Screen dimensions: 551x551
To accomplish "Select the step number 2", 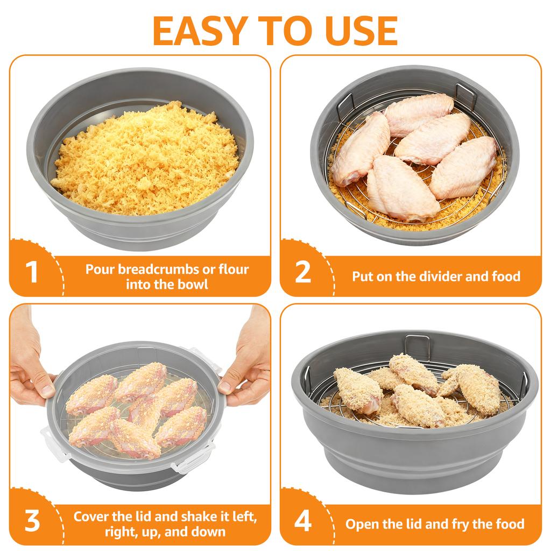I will (x=303, y=272).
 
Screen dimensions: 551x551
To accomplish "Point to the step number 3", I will (x=32, y=521).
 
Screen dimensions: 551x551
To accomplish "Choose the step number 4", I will (x=303, y=521).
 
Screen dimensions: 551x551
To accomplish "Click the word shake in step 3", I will (x=207, y=517).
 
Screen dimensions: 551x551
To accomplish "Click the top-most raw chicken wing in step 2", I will (x=419, y=114).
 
